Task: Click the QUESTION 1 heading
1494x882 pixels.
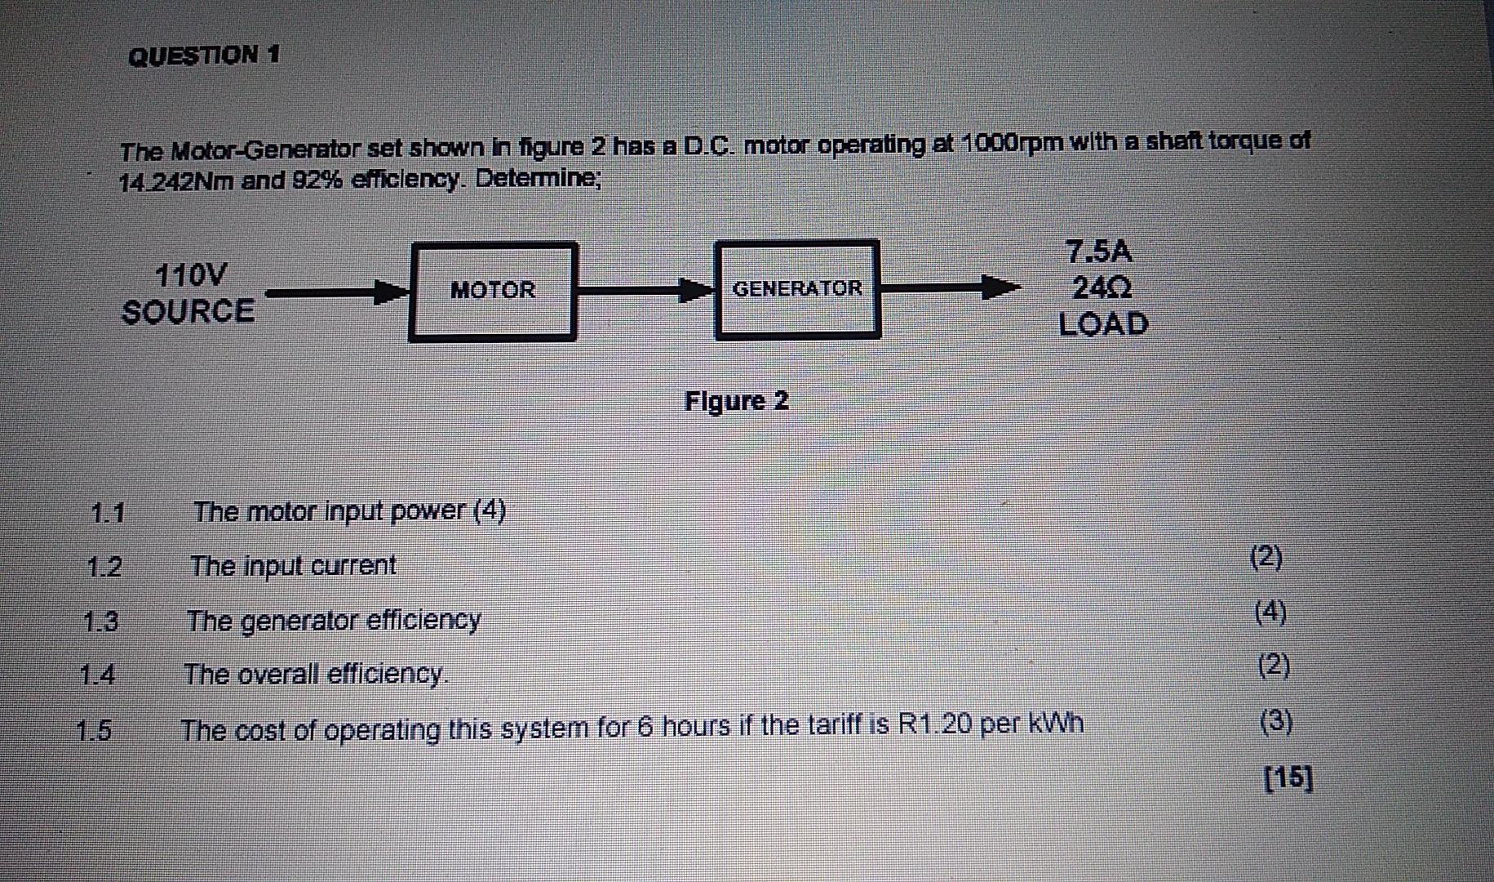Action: (204, 56)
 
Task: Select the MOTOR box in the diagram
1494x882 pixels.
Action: (493, 291)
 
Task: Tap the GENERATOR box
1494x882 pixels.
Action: (797, 288)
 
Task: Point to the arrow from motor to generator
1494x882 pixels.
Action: (645, 289)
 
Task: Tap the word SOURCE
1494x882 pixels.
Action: (188, 311)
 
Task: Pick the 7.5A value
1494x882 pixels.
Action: (1100, 252)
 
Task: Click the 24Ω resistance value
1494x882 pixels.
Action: (1102, 287)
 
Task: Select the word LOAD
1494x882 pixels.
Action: (1103, 324)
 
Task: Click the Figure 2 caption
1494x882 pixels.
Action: (736, 401)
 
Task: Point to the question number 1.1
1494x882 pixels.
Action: (108, 514)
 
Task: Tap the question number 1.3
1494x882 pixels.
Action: (100, 622)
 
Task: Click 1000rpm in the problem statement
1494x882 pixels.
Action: (1013, 143)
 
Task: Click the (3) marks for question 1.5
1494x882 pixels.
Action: (1275, 721)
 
